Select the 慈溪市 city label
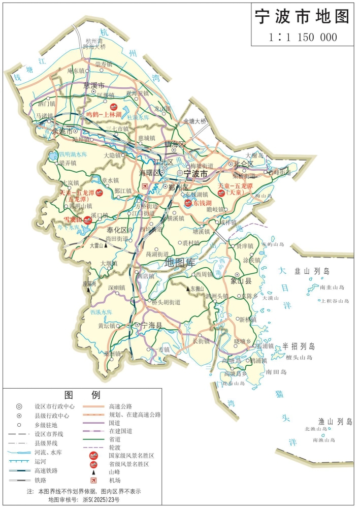[x=93, y=85]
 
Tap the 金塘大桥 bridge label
[x=195, y=121]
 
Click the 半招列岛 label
[x=300, y=346]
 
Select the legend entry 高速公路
[x=120, y=406]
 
